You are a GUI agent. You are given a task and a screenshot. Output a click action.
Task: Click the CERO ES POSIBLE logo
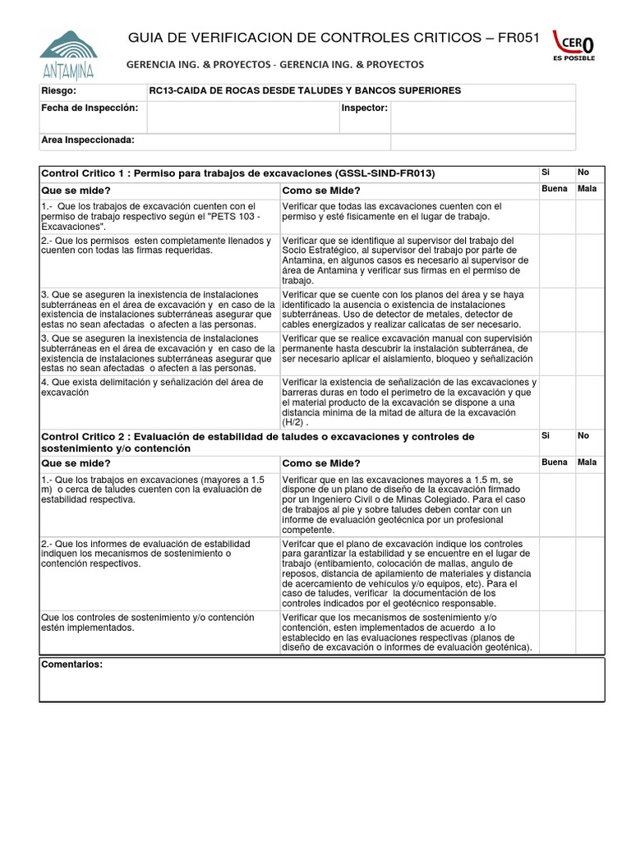(x=573, y=46)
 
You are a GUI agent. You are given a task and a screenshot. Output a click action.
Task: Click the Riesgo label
(x=58, y=90)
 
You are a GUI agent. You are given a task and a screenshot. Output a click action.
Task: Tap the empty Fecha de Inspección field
(x=243, y=117)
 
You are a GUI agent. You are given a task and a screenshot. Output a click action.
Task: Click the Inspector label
(x=364, y=108)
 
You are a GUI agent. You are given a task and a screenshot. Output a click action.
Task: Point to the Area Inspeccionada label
(x=87, y=140)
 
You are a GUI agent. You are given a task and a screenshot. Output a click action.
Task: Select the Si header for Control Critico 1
(x=546, y=172)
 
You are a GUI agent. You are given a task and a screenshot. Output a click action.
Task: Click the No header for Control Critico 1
(x=583, y=172)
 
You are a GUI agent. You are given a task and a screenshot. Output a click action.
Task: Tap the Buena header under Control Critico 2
(x=555, y=462)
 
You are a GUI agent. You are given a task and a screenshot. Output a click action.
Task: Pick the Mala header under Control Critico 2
(x=587, y=462)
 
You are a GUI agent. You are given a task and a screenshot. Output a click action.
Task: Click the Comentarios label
(x=72, y=664)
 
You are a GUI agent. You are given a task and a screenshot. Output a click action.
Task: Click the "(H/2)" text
(x=294, y=421)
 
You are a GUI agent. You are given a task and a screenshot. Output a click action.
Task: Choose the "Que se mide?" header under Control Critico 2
(x=75, y=463)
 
